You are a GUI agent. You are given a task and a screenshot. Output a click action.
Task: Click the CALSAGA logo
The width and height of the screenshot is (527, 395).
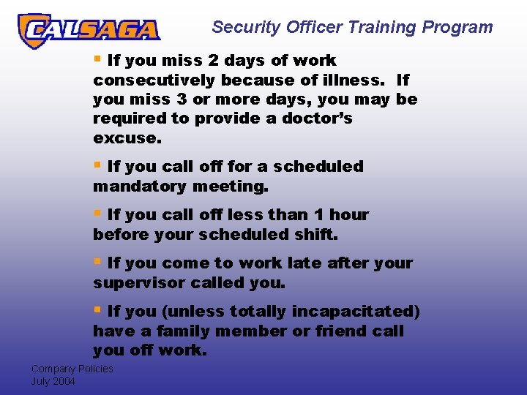pos(88,30)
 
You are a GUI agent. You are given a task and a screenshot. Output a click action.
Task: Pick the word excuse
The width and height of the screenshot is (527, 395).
pos(125,138)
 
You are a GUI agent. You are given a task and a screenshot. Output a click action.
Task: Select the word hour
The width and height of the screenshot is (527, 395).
pos(349,215)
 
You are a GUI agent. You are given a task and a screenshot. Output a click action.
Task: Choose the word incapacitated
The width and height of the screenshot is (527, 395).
pos(356,312)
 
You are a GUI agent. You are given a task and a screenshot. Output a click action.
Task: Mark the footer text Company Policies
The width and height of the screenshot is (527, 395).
pos(72,369)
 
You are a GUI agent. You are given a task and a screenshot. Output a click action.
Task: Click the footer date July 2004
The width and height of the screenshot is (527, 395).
pos(53,381)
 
